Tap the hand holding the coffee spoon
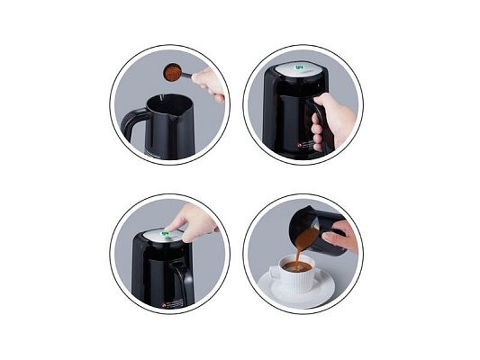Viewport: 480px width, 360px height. tap(210, 82)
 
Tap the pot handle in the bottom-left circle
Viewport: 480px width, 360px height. tap(186, 274)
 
